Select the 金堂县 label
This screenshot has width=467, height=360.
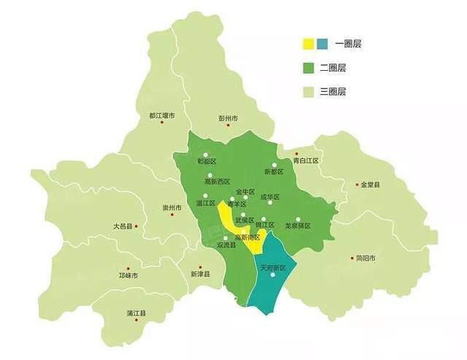tap(370, 185)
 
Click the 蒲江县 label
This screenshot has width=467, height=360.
tap(135, 313)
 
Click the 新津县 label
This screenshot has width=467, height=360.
tap(200, 274)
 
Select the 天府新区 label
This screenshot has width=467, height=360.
tap(273, 268)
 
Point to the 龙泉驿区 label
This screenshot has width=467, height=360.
tap(298, 226)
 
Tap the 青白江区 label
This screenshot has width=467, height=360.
tap(306, 160)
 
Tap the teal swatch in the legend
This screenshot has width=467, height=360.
tap(323, 44)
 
